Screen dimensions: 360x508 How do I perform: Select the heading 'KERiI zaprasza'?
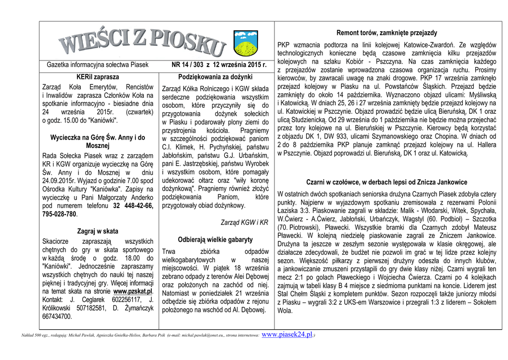pos(98,77)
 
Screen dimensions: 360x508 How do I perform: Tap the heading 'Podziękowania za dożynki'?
pos(215,77)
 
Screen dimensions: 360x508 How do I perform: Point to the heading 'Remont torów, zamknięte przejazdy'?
pos(386,33)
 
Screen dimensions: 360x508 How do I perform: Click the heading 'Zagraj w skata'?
pos(98,231)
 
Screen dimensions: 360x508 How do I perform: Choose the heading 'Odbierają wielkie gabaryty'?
pos(215,239)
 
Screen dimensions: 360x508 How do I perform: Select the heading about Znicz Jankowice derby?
pos(386,182)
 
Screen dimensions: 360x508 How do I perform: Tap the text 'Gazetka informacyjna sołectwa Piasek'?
pos(98,65)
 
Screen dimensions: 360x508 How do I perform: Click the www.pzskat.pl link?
pos(133,291)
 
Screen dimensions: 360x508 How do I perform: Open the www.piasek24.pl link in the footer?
pos(287,335)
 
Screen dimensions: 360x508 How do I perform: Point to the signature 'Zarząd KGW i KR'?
pos(244,222)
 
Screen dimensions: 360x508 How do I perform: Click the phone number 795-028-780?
pos(60,215)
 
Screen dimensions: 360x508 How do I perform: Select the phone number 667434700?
pos(57,316)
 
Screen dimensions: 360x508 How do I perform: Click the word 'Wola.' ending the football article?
pos(285,311)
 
